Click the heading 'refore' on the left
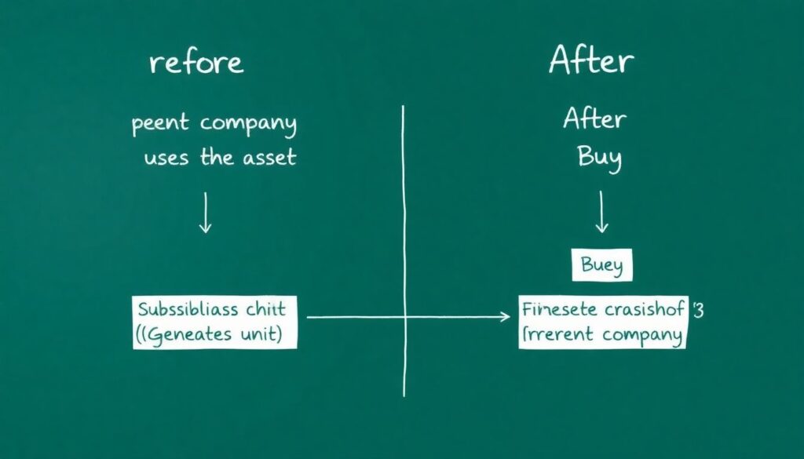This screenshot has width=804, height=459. tap(196, 63)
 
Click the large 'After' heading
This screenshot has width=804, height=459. tap(591, 60)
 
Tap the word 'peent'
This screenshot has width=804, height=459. tap(161, 125)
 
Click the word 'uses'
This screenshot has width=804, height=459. tap(166, 157)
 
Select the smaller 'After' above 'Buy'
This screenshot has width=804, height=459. tap(594, 119)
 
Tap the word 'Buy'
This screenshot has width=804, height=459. tap(599, 158)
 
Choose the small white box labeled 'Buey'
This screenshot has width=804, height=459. tap(601, 266)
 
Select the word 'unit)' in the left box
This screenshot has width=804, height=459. tap(261, 334)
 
